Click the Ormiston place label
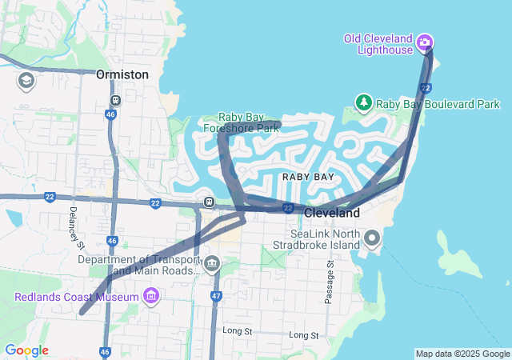click(122, 74)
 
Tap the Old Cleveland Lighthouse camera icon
click(425, 42)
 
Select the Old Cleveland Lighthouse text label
click(378, 44)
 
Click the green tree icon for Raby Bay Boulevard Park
click(364, 103)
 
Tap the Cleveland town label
click(332, 214)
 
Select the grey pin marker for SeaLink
click(372, 238)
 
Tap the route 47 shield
click(216, 296)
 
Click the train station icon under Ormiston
click(116, 101)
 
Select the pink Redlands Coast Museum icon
click(150, 298)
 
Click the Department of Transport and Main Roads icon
click(212, 264)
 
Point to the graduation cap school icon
click(26, 81)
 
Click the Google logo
click(26, 350)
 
